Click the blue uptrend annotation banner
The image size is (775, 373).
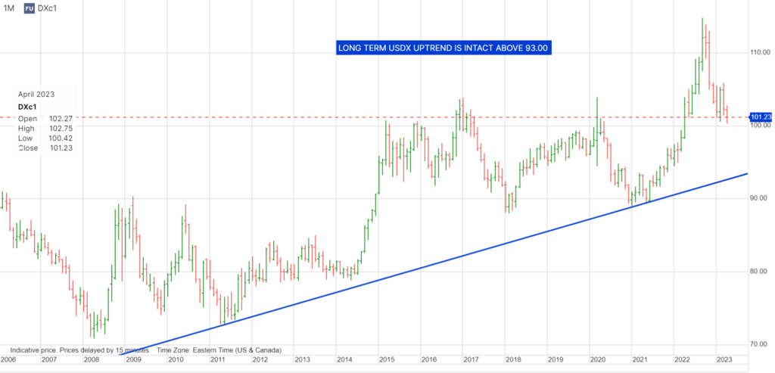pyautogui.click(x=444, y=48)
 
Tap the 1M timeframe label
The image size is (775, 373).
pyautogui.click(x=9, y=8)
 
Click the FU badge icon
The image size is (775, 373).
pyautogui.click(x=29, y=8)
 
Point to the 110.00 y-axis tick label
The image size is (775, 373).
pyautogui.click(x=760, y=53)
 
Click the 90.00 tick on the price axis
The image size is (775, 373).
pyautogui.click(x=760, y=198)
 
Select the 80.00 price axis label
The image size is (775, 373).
pyautogui.click(x=760, y=271)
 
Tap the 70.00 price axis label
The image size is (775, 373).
pyautogui.click(x=760, y=344)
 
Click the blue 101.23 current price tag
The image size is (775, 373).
pyautogui.click(x=760, y=117)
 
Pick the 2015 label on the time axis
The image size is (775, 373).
pyautogui.click(x=387, y=360)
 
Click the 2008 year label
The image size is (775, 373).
pyautogui.click(x=90, y=360)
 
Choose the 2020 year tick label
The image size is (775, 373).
pyautogui.click(x=598, y=360)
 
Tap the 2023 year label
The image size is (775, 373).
pyautogui.click(x=724, y=360)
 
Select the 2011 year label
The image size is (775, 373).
pyautogui.click(x=217, y=360)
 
